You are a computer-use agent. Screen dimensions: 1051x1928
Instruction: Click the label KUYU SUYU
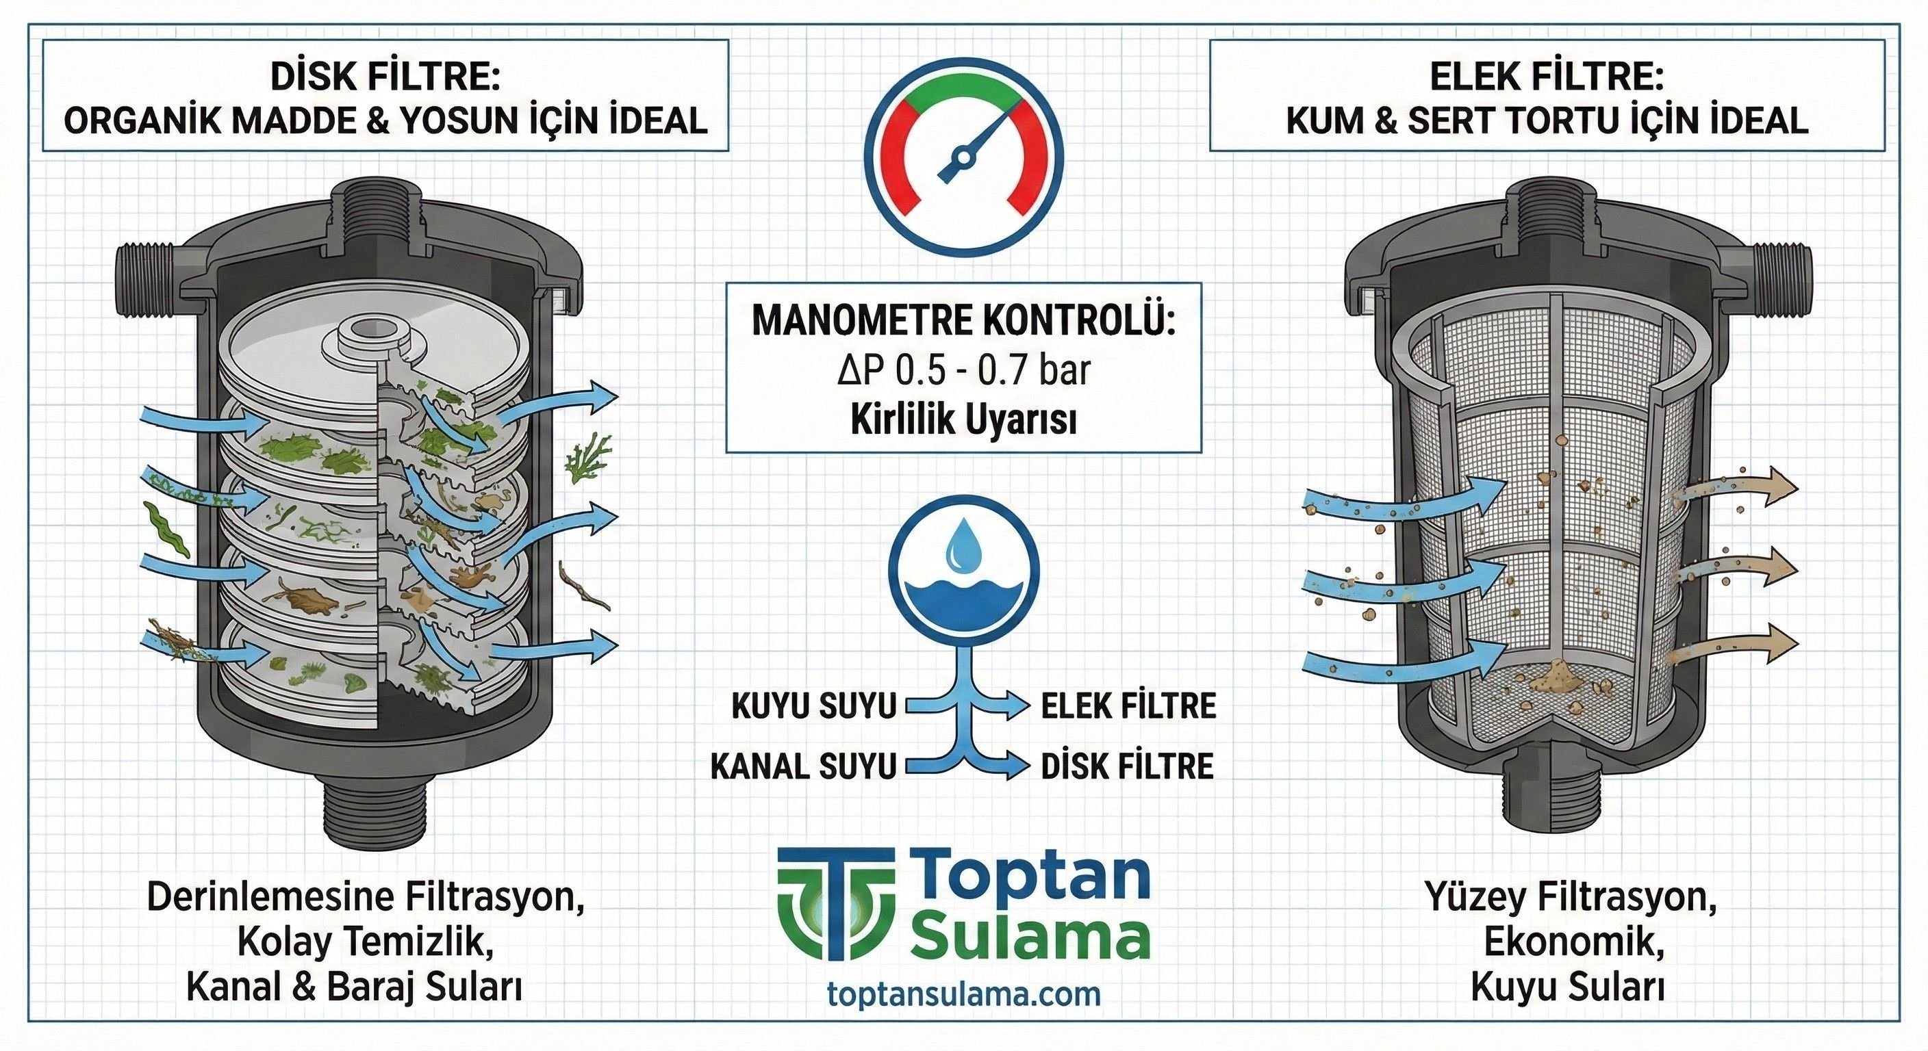pos(814,705)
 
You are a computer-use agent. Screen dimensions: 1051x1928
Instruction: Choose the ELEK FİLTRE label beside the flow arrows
pos(1128,705)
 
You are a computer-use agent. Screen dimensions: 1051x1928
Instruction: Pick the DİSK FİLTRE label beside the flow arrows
pos(1127,766)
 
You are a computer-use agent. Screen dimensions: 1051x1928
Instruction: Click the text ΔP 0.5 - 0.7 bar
pos(963,370)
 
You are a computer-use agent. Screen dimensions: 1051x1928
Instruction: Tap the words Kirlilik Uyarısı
pos(963,421)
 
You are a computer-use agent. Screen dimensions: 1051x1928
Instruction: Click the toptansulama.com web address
pos(964,994)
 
